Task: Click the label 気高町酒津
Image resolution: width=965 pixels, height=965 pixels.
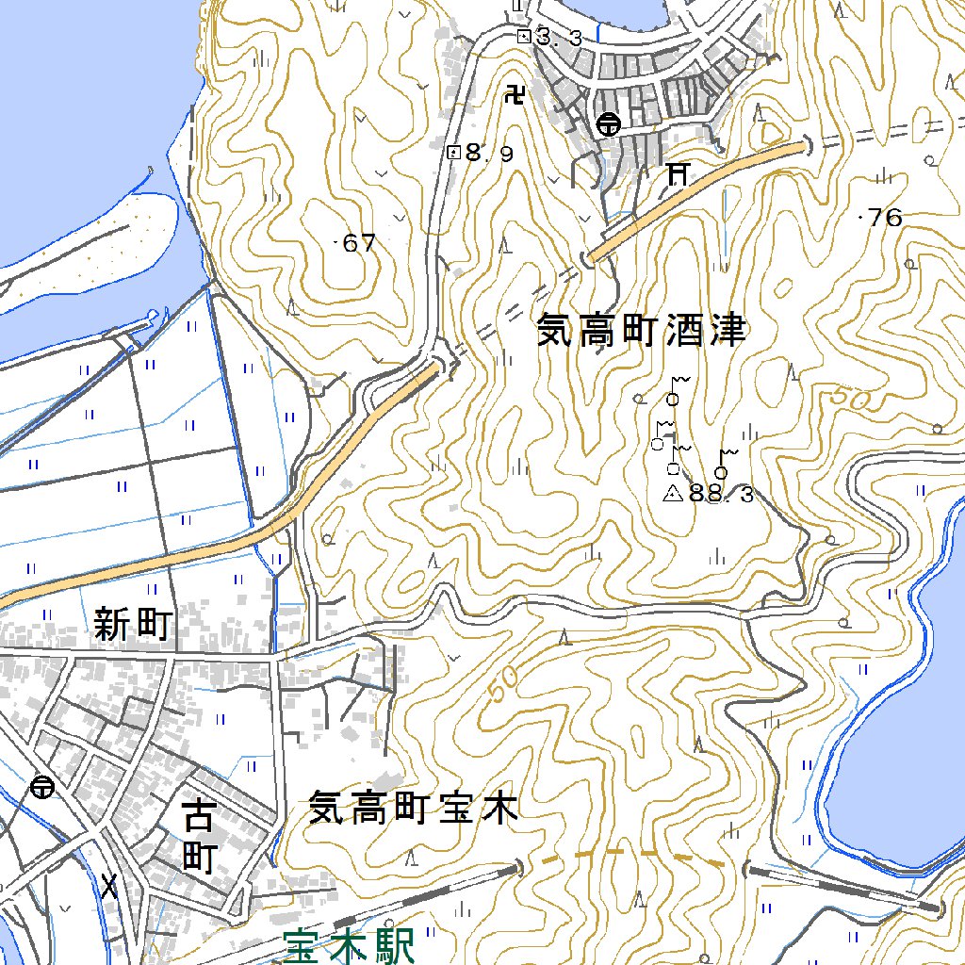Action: [x=641, y=331]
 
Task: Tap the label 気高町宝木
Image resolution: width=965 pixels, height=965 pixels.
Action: [x=414, y=809]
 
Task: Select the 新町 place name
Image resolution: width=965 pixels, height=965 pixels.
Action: [x=132, y=624]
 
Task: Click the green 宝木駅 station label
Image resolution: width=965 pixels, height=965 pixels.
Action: [x=349, y=946]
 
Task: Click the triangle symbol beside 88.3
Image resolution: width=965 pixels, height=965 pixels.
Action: [x=673, y=493]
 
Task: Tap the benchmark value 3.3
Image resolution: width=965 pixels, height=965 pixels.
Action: [x=558, y=38]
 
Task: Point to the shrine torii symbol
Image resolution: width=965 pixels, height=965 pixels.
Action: [x=677, y=173]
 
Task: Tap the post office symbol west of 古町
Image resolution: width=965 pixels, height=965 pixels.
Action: [x=41, y=787]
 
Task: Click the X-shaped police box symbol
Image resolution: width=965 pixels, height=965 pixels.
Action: [x=110, y=886]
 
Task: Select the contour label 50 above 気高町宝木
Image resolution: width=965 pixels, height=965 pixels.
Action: [x=504, y=687]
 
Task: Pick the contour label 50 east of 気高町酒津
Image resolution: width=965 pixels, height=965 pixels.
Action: [x=854, y=400]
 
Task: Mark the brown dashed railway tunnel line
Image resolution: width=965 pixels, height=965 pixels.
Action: [x=631, y=855]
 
